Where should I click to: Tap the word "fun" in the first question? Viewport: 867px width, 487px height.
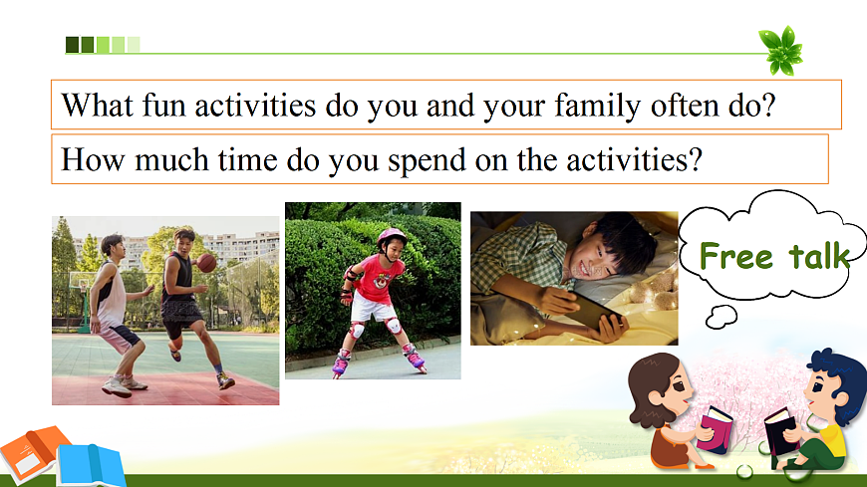tap(163, 105)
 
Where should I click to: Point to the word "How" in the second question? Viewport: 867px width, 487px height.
tap(93, 159)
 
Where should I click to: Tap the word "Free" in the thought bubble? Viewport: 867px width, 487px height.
tap(736, 256)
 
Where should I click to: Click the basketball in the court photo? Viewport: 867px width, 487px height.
tap(207, 263)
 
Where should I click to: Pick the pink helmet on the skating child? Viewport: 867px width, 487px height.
tap(391, 237)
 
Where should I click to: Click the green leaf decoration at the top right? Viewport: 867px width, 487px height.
tap(780, 51)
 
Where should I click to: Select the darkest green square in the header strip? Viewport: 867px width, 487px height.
tap(72, 45)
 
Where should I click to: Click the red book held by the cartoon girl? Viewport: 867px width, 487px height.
tap(716, 429)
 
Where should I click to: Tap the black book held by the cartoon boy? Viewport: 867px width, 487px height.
tap(780, 432)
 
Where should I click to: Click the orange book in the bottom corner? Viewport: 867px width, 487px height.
tap(32, 451)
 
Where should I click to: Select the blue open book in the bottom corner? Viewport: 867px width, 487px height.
tap(92, 465)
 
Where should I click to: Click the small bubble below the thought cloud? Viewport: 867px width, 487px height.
tap(722, 317)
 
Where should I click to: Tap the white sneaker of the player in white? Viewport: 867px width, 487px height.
tap(117, 388)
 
